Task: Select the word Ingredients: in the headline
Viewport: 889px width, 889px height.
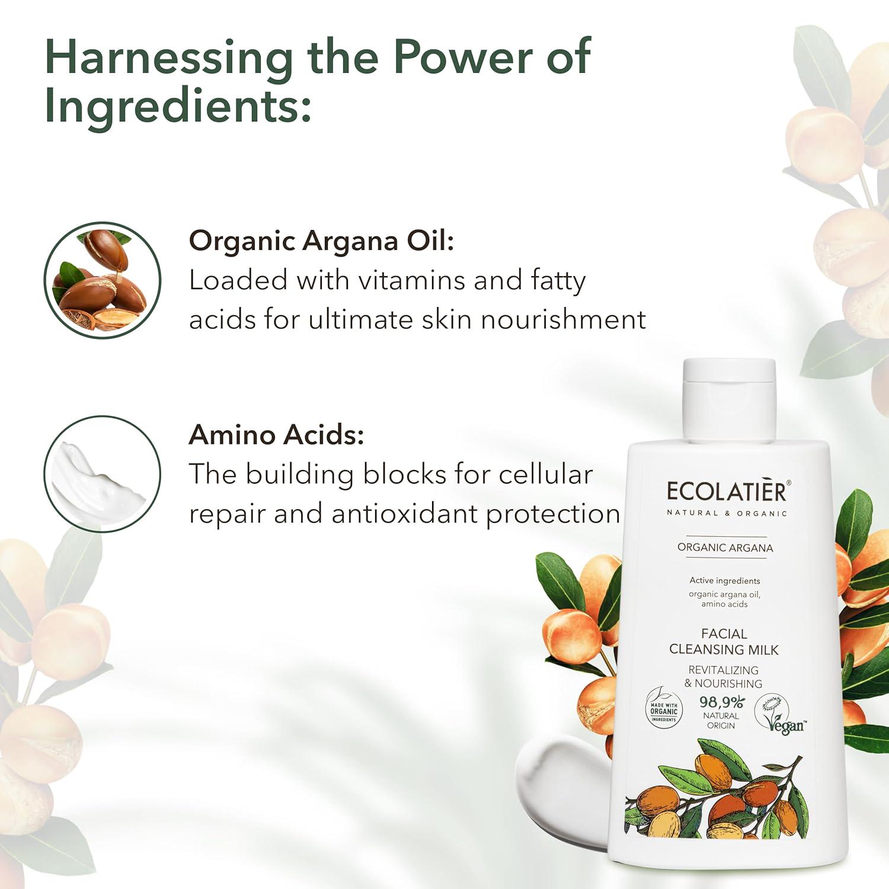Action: (x=178, y=108)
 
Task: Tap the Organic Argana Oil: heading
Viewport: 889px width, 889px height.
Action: (x=322, y=242)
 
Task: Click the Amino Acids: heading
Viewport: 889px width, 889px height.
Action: (x=277, y=435)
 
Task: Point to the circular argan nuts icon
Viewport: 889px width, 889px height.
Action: (x=103, y=280)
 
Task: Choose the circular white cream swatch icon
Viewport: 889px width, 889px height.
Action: (x=103, y=474)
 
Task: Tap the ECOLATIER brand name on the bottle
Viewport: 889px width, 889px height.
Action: (x=728, y=491)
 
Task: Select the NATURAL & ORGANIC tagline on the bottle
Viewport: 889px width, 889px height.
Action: (x=727, y=513)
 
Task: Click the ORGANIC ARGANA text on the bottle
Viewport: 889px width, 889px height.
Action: (x=725, y=548)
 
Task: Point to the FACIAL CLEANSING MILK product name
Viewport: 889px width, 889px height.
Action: (x=724, y=642)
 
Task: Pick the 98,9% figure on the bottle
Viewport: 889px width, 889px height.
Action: (x=721, y=702)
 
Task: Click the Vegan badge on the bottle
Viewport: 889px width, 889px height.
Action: (x=780, y=714)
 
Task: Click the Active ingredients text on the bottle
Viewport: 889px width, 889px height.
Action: (x=725, y=581)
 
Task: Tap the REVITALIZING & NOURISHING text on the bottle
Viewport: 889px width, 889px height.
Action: (x=724, y=677)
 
